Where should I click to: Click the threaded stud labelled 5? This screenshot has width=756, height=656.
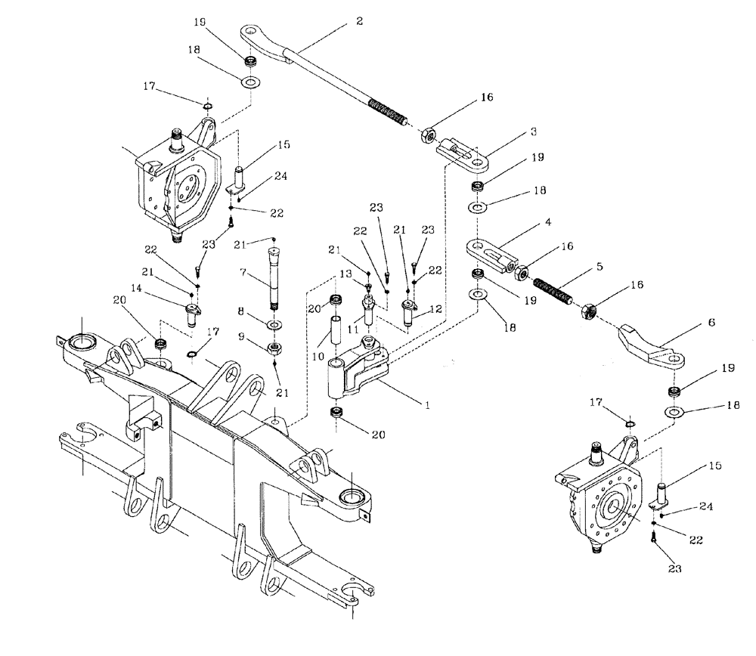556,290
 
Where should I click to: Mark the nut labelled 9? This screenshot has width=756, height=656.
274,348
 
